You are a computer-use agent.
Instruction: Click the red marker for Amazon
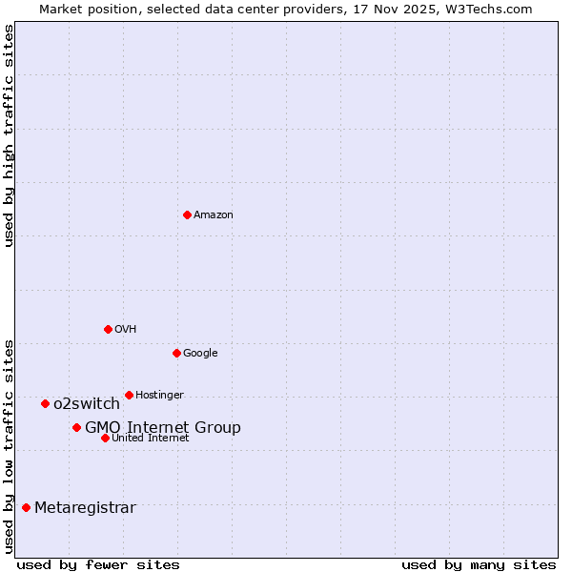pyautogui.click(x=187, y=214)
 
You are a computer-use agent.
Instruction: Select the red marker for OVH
pyautogui.click(x=108, y=329)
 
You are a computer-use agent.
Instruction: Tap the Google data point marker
pyautogui.click(x=176, y=353)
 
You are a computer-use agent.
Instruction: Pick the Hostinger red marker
pyautogui.click(x=129, y=395)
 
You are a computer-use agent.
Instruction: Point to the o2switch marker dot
pyautogui.click(x=45, y=403)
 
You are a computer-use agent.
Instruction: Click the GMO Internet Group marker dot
pyautogui.click(x=76, y=427)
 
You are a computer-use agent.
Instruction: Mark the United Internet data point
pyautogui.click(x=105, y=438)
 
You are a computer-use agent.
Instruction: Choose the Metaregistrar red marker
pyautogui.click(x=26, y=507)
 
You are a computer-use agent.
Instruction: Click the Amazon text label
pyautogui.click(x=214, y=215)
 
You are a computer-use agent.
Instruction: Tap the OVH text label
pyautogui.click(x=125, y=330)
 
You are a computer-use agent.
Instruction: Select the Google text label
pyautogui.click(x=200, y=354)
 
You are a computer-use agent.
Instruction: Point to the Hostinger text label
pyautogui.click(x=159, y=396)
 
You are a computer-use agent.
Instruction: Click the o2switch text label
pyautogui.click(x=87, y=404)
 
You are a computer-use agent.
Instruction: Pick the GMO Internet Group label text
pyautogui.click(x=163, y=428)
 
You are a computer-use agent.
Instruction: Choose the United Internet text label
pyautogui.click(x=151, y=439)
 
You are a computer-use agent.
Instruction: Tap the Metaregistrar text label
pyautogui.click(x=85, y=508)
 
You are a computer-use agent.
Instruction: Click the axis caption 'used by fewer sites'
pyautogui.click(x=98, y=564)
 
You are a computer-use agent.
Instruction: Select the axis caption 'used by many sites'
pyautogui.click(x=479, y=564)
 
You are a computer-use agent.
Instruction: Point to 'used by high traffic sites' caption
pyautogui.click(x=10, y=135)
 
